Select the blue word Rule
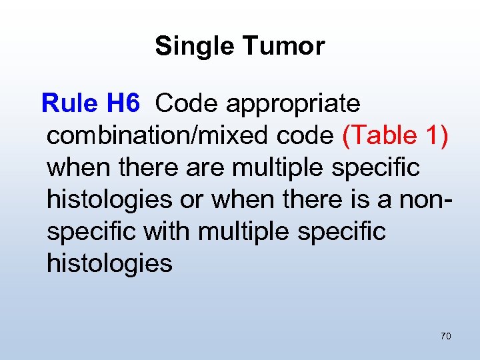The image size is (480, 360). tap(70, 104)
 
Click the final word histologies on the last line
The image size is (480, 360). tap(109, 263)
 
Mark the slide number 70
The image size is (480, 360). tap(445, 336)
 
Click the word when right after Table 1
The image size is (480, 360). tap(78, 167)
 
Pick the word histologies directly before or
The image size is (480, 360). tap(109, 199)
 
